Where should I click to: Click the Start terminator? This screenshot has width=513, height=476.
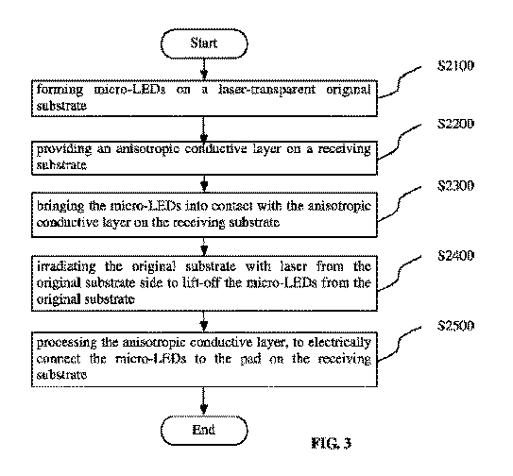204,43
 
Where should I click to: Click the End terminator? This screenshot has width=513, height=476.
204,431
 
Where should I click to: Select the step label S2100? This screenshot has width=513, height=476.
455,66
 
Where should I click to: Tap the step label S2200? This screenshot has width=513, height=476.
455,124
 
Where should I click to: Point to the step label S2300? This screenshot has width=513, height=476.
455,185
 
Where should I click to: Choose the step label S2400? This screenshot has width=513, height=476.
455,256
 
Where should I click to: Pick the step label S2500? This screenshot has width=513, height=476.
455,326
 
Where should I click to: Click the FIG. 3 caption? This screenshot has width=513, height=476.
331,443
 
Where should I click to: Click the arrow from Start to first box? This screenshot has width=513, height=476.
204,69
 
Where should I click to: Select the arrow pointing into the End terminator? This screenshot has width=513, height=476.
204,401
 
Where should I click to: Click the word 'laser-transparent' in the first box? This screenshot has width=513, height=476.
267,90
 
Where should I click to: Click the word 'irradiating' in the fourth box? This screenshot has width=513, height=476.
66,266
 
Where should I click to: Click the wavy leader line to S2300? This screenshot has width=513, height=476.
399,204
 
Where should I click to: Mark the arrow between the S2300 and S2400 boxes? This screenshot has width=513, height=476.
204,246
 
